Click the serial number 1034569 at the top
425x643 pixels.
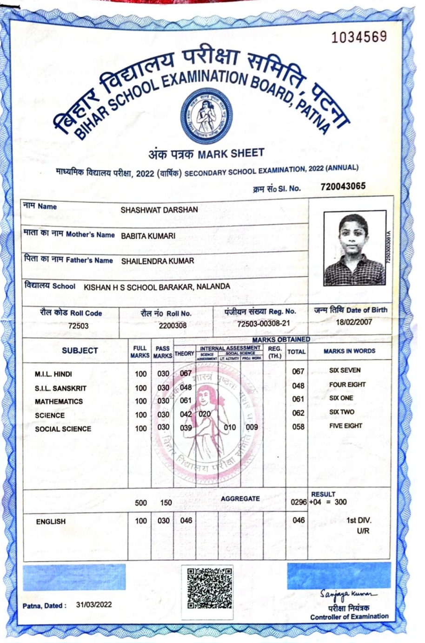coord(359,37)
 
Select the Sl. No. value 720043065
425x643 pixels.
coord(343,187)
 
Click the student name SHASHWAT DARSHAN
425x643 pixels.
coord(159,210)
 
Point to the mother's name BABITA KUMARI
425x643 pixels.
coord(148,236)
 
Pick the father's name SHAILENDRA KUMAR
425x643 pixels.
coord(157,261)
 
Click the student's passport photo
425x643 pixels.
coord(353,249)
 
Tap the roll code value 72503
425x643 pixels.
coord(78,326)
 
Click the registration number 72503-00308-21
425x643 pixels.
coord(263,324)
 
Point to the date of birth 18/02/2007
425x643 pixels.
coord(354,322)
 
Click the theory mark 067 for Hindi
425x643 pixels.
coord(186,373)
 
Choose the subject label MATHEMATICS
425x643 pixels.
coord(59,402)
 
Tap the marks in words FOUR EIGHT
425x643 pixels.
coord(347,385)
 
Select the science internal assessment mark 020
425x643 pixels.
coord(205,414)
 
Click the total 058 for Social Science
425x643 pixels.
coord(298,427)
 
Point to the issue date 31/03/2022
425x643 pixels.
coord(94,604)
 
